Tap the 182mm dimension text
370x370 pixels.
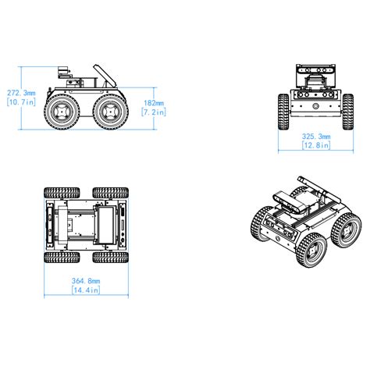tap(154, 102)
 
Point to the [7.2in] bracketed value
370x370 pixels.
tap(154, 112)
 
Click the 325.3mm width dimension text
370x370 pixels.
tap(315, 136)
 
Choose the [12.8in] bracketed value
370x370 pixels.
tap(315, 146)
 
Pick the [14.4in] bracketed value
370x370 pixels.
tap(85, 290)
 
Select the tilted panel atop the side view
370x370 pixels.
tap(102, 76)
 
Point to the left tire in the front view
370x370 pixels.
tap(283, 111)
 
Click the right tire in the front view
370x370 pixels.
tap(348, 111)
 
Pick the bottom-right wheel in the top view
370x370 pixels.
tap(109, 256)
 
